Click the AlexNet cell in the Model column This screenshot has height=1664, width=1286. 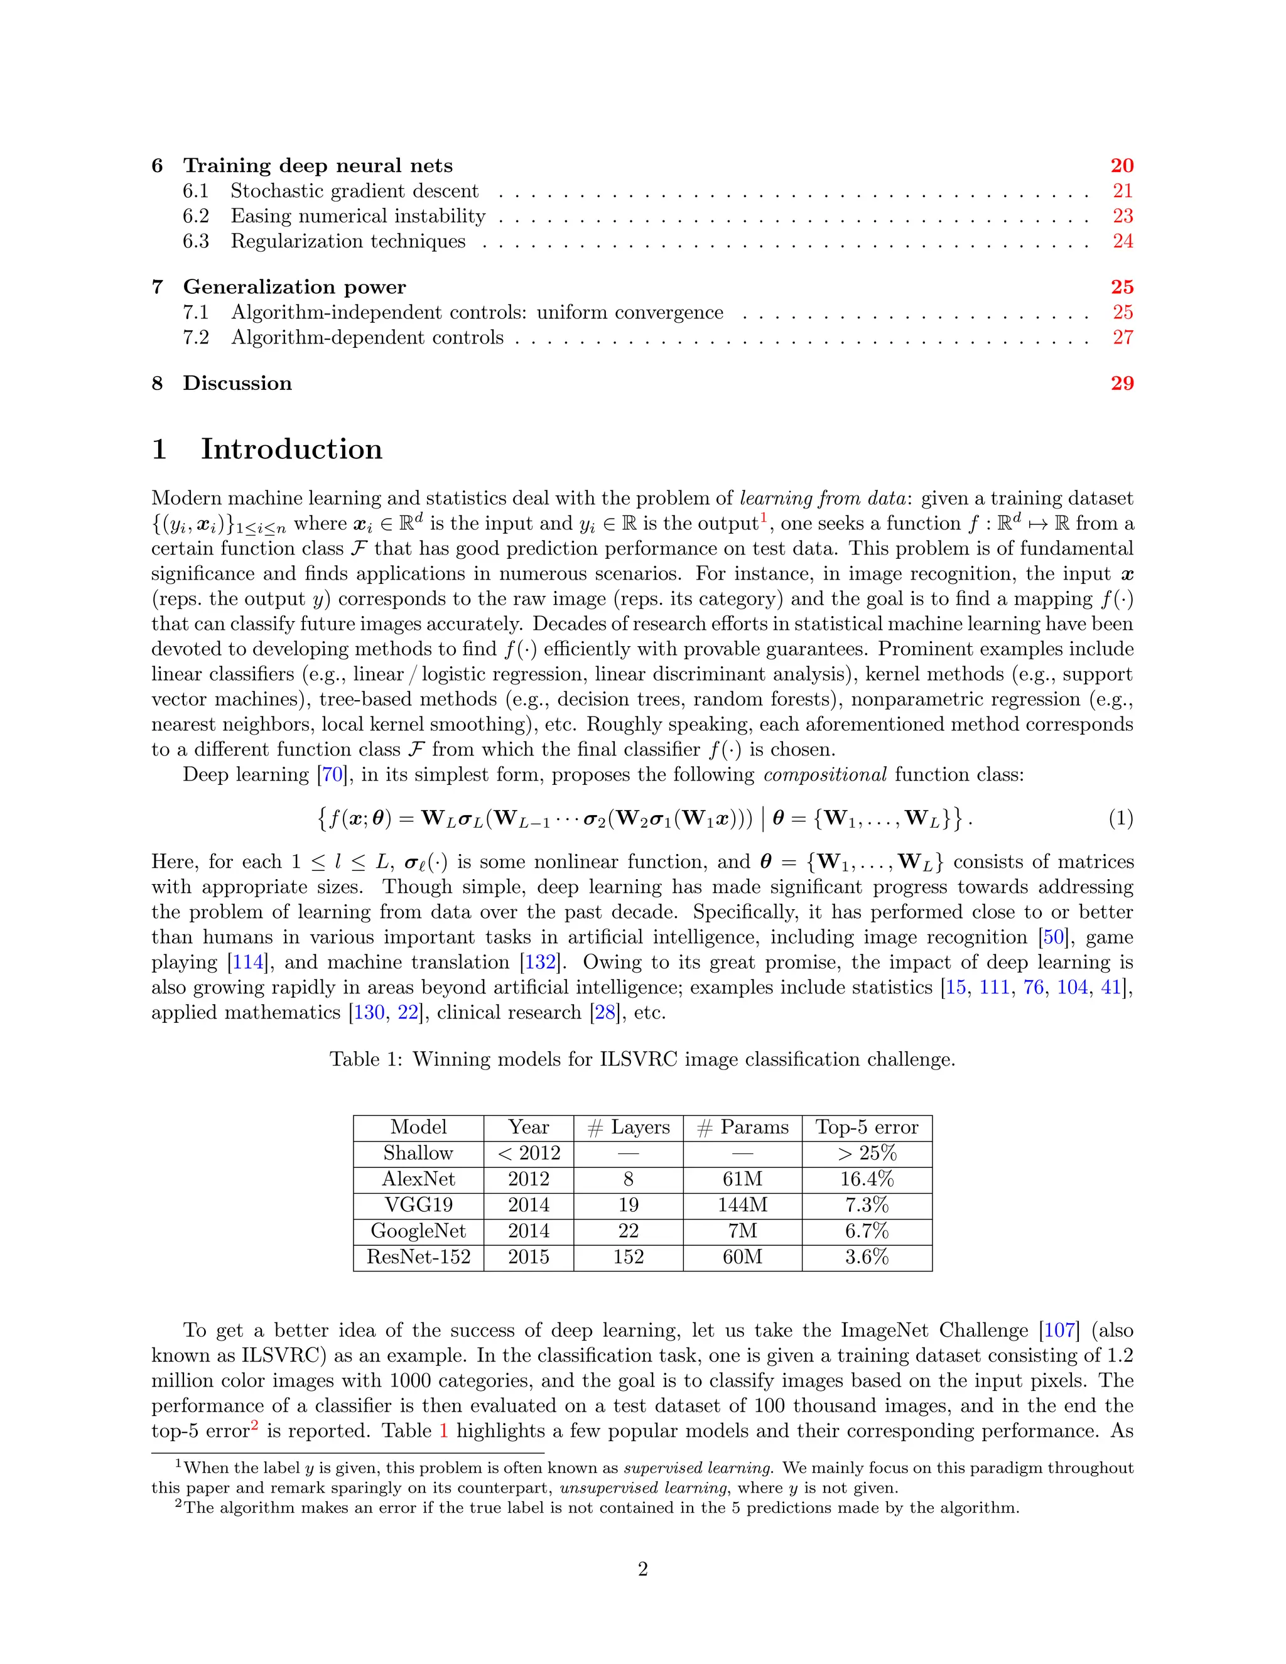[418, 1179]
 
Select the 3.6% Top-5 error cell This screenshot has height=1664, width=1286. [866, 1256]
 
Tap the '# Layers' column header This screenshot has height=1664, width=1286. [629, 1127]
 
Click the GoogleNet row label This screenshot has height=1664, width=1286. [418, 1231]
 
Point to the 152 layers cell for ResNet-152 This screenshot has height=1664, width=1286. [629, 1256]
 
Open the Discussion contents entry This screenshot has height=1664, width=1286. [237, 383]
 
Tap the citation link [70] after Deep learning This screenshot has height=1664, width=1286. [332, 775]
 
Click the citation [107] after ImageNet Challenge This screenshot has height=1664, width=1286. [1059, 1331]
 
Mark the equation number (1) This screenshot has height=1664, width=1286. [1120, 818]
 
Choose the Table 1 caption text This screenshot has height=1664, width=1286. [642, 1059]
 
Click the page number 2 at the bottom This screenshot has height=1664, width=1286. [642, 1569]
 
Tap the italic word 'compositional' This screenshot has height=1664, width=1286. [825, 775]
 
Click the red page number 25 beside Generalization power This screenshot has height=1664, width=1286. [1121, 287]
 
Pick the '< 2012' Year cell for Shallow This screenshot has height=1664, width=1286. [529, 1153]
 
